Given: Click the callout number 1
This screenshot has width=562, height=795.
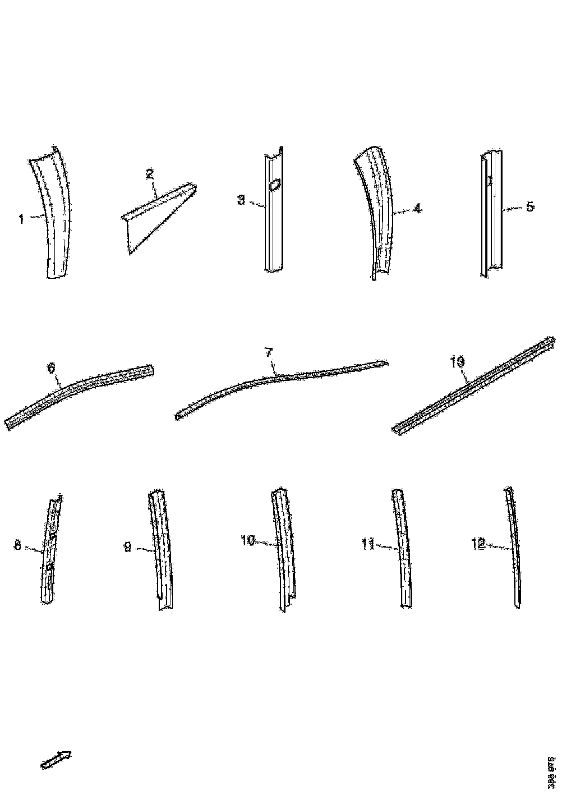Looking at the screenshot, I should tap(21, 219).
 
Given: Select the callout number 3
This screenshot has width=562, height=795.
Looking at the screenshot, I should tap(241, 200).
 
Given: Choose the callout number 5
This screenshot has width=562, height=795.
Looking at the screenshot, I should tap(530, 207).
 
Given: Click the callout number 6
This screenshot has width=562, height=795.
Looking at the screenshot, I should tap(51, 368).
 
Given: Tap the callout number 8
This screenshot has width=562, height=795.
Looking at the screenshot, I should tap(17, 546).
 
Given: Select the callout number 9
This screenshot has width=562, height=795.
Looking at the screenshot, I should tap(128, 547).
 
